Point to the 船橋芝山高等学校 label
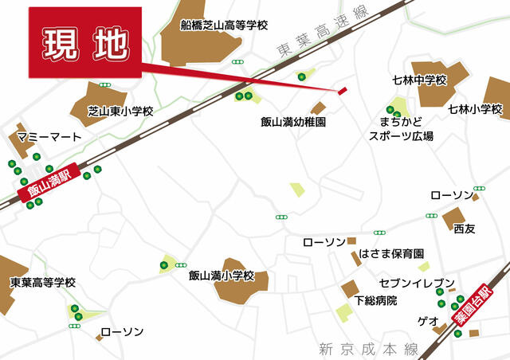(x=224, y=25)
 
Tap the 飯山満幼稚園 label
(x=293, y=122)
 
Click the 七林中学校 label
(x=420, y=80)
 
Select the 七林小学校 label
(x=475, y=108)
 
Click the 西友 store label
(x=464, y=229)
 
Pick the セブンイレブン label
(x=417, y=284)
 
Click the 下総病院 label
(x=376, y=300)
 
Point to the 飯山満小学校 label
(x=221, y=276)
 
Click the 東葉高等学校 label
(x=43, y=283)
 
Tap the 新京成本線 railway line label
(x=367, y=348)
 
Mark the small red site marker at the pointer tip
(x=343, y=91)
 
